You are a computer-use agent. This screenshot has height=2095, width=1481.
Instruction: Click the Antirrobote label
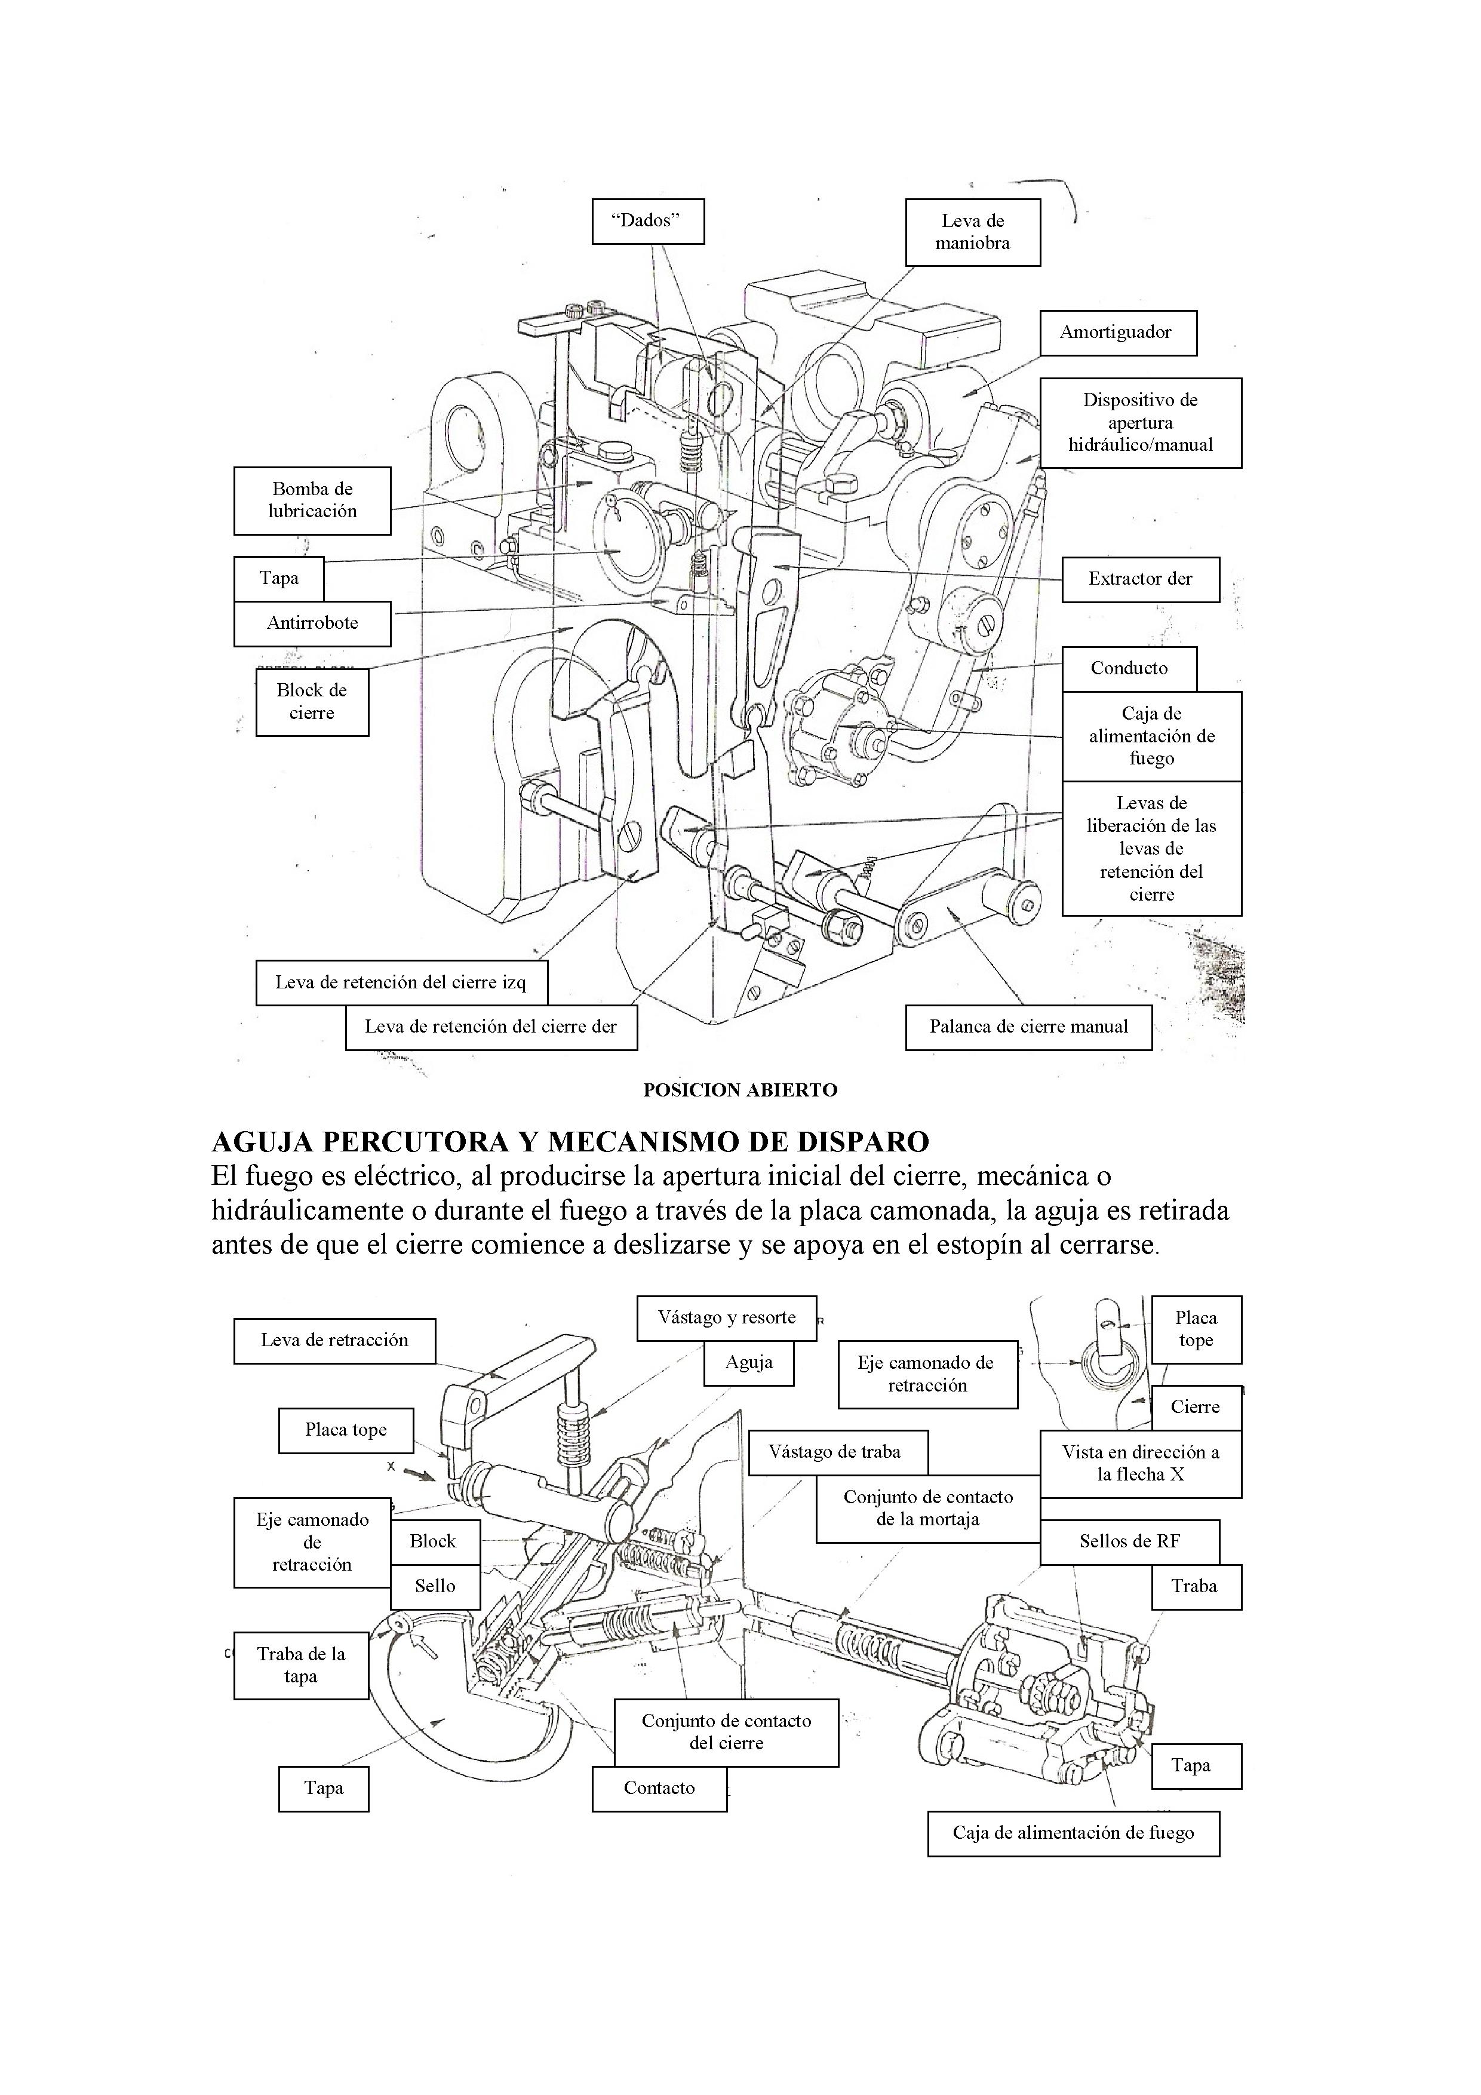pyautogui.click(x=312, y=624)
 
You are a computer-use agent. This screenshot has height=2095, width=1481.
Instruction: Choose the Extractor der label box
pyautogui.click(x=1140, y=579)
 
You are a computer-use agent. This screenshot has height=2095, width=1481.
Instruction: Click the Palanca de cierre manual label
pyautogui.click(x=1028, y=1027)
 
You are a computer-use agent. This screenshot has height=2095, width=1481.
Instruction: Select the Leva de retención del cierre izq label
pyautogui.click(x=401, y=984)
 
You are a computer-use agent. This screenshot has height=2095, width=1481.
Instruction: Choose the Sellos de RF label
pyautogui.click(x=1129, y=1542)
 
